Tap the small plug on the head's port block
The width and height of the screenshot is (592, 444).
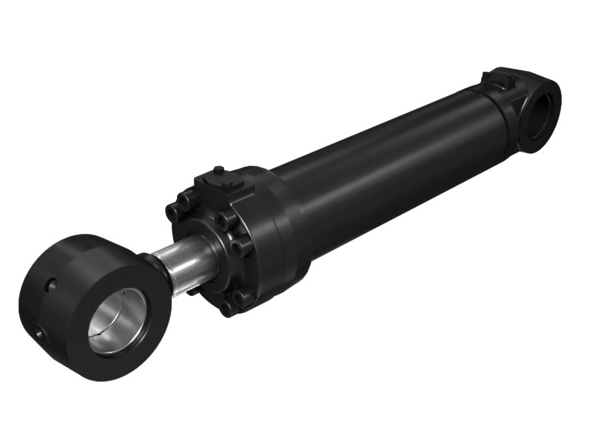tap(218, 171)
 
